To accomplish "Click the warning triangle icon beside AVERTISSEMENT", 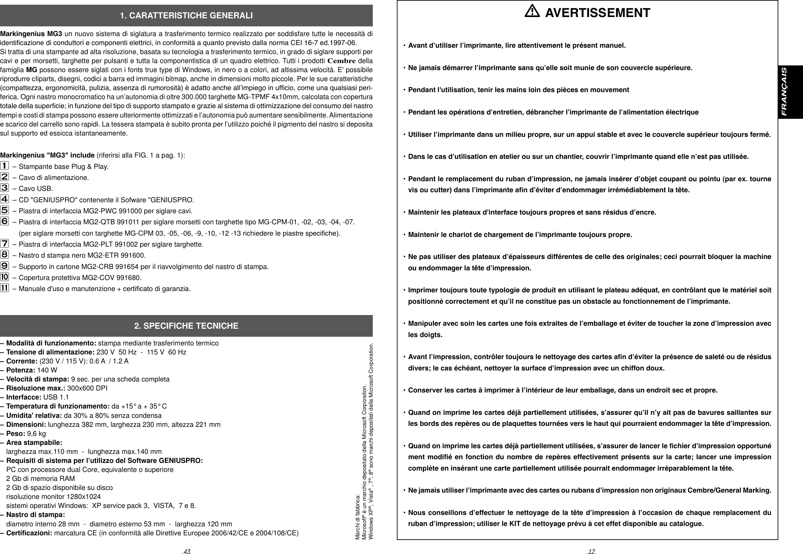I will coord(532,12).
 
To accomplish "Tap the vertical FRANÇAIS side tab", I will coord(790,92).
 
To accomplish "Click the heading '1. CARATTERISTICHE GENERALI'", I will coord(186,16).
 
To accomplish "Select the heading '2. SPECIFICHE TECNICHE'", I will coord(186,326).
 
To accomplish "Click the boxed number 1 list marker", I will coord(5,166).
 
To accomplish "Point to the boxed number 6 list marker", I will coord(5,222).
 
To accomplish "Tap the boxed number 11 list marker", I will coord(5,288).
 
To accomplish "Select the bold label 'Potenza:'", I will coord(21,370).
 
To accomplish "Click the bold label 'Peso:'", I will coord(16,433).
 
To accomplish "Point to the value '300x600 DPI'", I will coord(87,388).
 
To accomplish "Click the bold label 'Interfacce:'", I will coord(24,397).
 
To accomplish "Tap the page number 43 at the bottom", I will coord(187,551).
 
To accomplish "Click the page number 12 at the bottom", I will coord(590,551).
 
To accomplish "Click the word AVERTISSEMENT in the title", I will coord(597,13).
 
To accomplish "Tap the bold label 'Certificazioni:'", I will coord(29,533).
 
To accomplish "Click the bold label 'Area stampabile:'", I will coord(34,443).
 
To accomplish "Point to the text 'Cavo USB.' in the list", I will coord(36,189).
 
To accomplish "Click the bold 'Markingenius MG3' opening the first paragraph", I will coord(31,34).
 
